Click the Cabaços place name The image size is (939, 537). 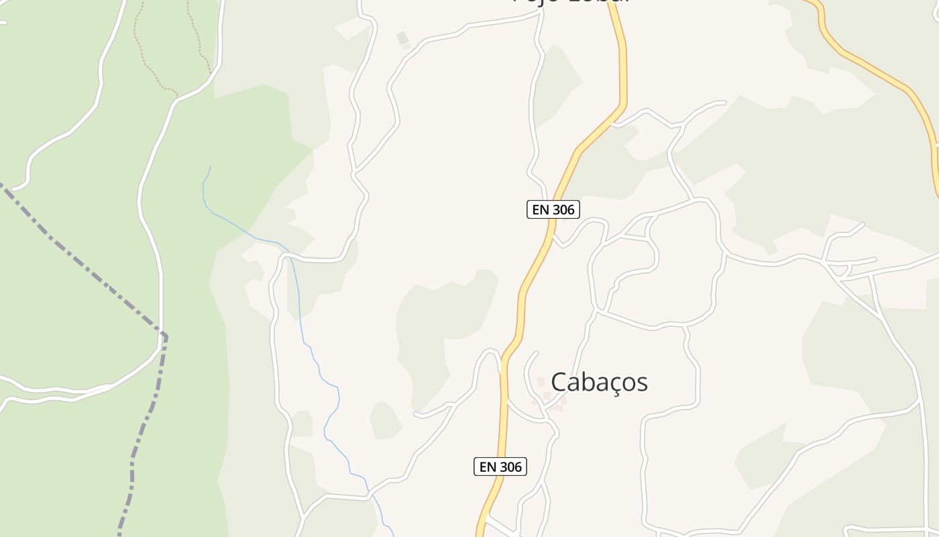click(599, 382)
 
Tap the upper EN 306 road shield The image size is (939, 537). click(553, 209)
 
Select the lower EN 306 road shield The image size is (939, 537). click(500, 467)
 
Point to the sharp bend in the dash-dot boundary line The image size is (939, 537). click(164, 335)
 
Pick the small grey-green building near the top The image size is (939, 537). click(402, 38)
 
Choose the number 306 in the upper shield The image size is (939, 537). click(562, 209)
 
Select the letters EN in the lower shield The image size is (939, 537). click(487, 467)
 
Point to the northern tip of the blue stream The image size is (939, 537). click(210, 166)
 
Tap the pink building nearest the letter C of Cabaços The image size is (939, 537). click(541, 381)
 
